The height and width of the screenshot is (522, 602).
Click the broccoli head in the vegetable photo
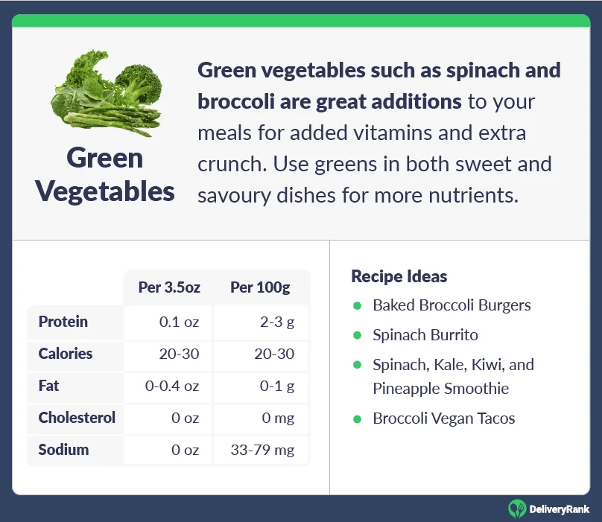tap(139, 83)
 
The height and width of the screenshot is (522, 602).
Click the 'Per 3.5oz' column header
tap(169, 287)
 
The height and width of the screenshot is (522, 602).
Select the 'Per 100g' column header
tap(260, 287)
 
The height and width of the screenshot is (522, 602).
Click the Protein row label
tap(63, 322)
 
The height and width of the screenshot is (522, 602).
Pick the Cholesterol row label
tap(77, 418)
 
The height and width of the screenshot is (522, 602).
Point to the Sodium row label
tap(63, 450)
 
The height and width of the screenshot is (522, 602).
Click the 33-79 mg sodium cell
tap(262, 450)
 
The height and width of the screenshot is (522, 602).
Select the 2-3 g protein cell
tap(277, 322)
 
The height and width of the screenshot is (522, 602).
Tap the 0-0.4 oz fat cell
tap(172, 386)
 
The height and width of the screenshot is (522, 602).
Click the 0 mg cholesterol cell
tap(279, 418)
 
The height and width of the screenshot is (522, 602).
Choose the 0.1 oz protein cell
tap(180, 322)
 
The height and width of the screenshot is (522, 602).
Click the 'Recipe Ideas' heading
tap(399, 276)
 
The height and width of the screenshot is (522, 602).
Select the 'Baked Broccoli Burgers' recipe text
tap(452, 305)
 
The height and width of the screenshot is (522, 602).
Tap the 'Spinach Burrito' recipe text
tap(425, 335)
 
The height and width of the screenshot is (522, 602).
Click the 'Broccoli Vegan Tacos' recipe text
tap(444, 418)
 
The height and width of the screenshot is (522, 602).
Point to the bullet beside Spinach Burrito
tap(357, 335)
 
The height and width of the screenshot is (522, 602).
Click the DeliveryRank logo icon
tap(517, 509)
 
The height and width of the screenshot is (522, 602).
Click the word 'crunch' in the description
tap(230, 165)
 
